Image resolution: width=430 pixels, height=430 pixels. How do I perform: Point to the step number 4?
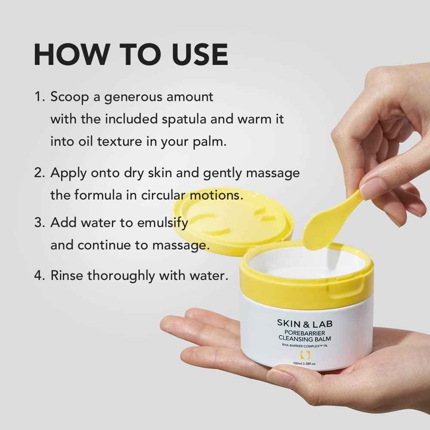(x=39, y=276)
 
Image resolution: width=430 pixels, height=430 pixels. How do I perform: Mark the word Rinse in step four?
(x=67, y=276)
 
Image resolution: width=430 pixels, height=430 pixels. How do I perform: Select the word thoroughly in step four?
(x=122, y=276)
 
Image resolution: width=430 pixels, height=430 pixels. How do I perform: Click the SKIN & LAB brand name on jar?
(x=304, y=323)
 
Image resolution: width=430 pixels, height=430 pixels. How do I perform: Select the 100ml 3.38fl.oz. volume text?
(x=304, y=364)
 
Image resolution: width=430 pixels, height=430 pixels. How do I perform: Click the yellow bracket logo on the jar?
(x=304, y=355)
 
